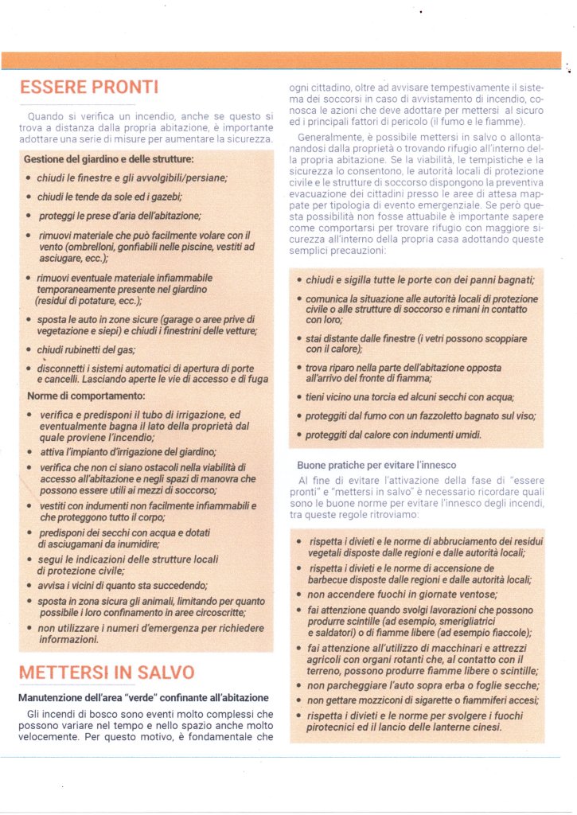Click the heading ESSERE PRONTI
pyautogui.click(x=88, y=87)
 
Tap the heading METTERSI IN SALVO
pyautogui.click(x=107, y=671)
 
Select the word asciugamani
pyautogui.click(x=72, y=545)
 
